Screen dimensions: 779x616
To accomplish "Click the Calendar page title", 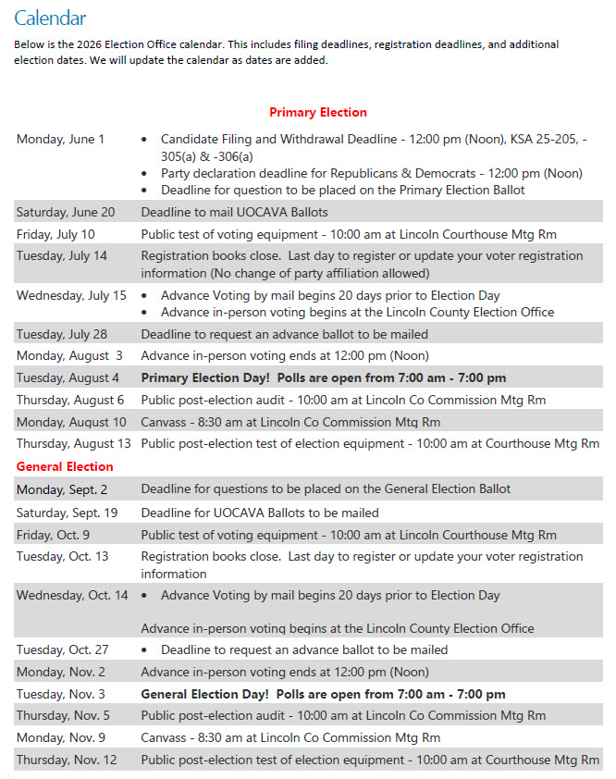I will [50, 18].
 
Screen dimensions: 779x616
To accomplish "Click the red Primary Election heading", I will [317, 112].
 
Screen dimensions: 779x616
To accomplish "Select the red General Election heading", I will [65, 466].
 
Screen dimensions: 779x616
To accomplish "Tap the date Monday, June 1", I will [60, 139].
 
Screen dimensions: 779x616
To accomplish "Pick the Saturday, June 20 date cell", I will [66, 212].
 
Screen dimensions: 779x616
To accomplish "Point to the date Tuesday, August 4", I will [68, 377].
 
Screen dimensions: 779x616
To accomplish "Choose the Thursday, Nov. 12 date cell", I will [68, 760].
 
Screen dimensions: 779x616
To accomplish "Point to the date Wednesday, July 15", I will [71, 295].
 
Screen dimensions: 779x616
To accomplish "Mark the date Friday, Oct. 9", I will [54, 535].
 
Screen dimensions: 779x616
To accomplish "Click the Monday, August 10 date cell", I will [71, 422].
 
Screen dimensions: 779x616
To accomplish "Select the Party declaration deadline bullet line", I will [371, 173].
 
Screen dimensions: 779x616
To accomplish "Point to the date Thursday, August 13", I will [73, 443].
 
